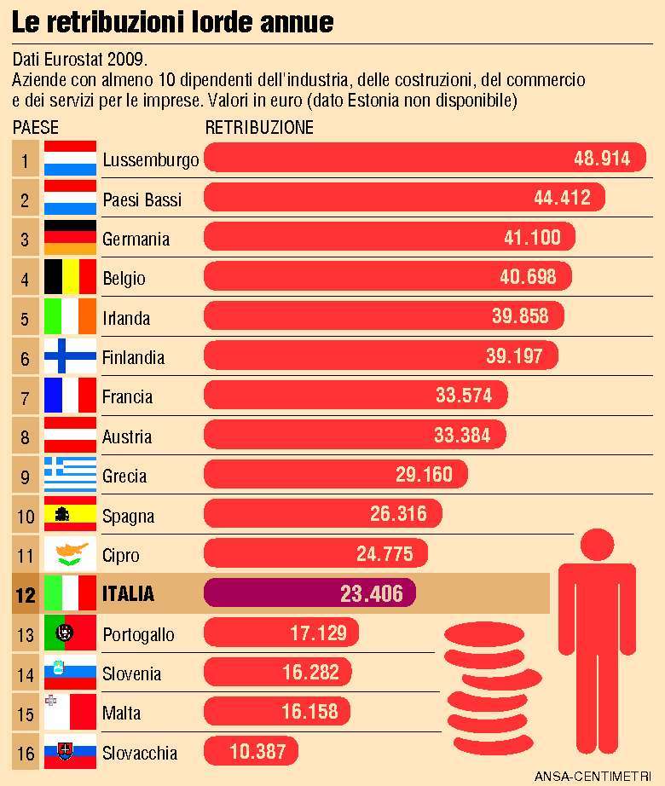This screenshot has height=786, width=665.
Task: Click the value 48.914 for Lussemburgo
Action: click(601, 159)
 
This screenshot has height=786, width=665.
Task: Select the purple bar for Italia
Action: click(309, 593)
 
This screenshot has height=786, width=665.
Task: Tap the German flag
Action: click(70, 238)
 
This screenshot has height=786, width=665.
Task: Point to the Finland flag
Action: click(70, 357)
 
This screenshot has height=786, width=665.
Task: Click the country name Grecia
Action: click(124, 477)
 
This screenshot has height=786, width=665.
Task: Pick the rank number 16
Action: click(26, 754)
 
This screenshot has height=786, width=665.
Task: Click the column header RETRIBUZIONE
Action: click(259, 128)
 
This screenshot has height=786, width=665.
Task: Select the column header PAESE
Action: click(37, 128)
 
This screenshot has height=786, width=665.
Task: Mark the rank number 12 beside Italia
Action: click(26, 595)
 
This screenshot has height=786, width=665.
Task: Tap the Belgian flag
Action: click(70, 278)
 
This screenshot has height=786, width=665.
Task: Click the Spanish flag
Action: click(70, 516)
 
